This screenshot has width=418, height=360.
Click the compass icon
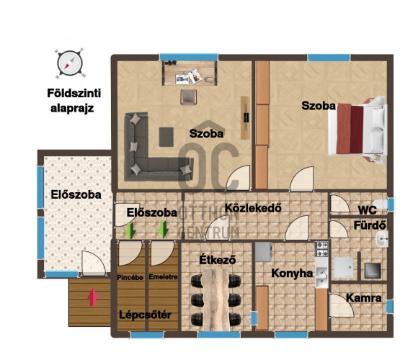70,63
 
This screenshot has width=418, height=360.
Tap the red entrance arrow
93,297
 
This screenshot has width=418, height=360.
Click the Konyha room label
292,274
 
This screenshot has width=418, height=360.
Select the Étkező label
218,259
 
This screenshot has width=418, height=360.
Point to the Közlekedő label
253,207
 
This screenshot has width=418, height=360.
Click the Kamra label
364,298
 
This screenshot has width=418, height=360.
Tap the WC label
368,210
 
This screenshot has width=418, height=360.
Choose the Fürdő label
370,225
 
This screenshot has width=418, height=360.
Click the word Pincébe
130,277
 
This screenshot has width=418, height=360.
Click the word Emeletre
163,277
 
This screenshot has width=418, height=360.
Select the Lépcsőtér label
145,315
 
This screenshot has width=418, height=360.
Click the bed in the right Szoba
357,129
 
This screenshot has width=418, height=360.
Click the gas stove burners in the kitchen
321,249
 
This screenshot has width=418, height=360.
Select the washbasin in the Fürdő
382,238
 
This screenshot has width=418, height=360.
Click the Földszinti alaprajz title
74,101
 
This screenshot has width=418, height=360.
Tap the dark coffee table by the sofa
166,137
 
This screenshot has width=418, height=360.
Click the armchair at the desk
189,97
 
